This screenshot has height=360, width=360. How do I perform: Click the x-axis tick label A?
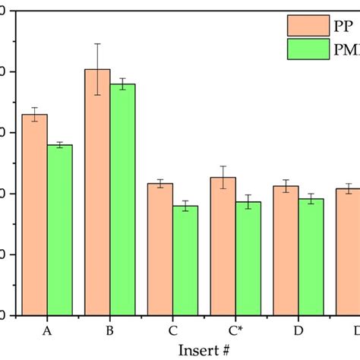pos(47,331)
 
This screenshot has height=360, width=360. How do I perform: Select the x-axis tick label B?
pos(110,331)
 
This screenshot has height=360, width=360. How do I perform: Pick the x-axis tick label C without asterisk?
pos(173,331)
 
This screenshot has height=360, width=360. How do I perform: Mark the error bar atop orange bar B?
pos(97,69)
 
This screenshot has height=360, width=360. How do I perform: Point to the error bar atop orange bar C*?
pos(223,177)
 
